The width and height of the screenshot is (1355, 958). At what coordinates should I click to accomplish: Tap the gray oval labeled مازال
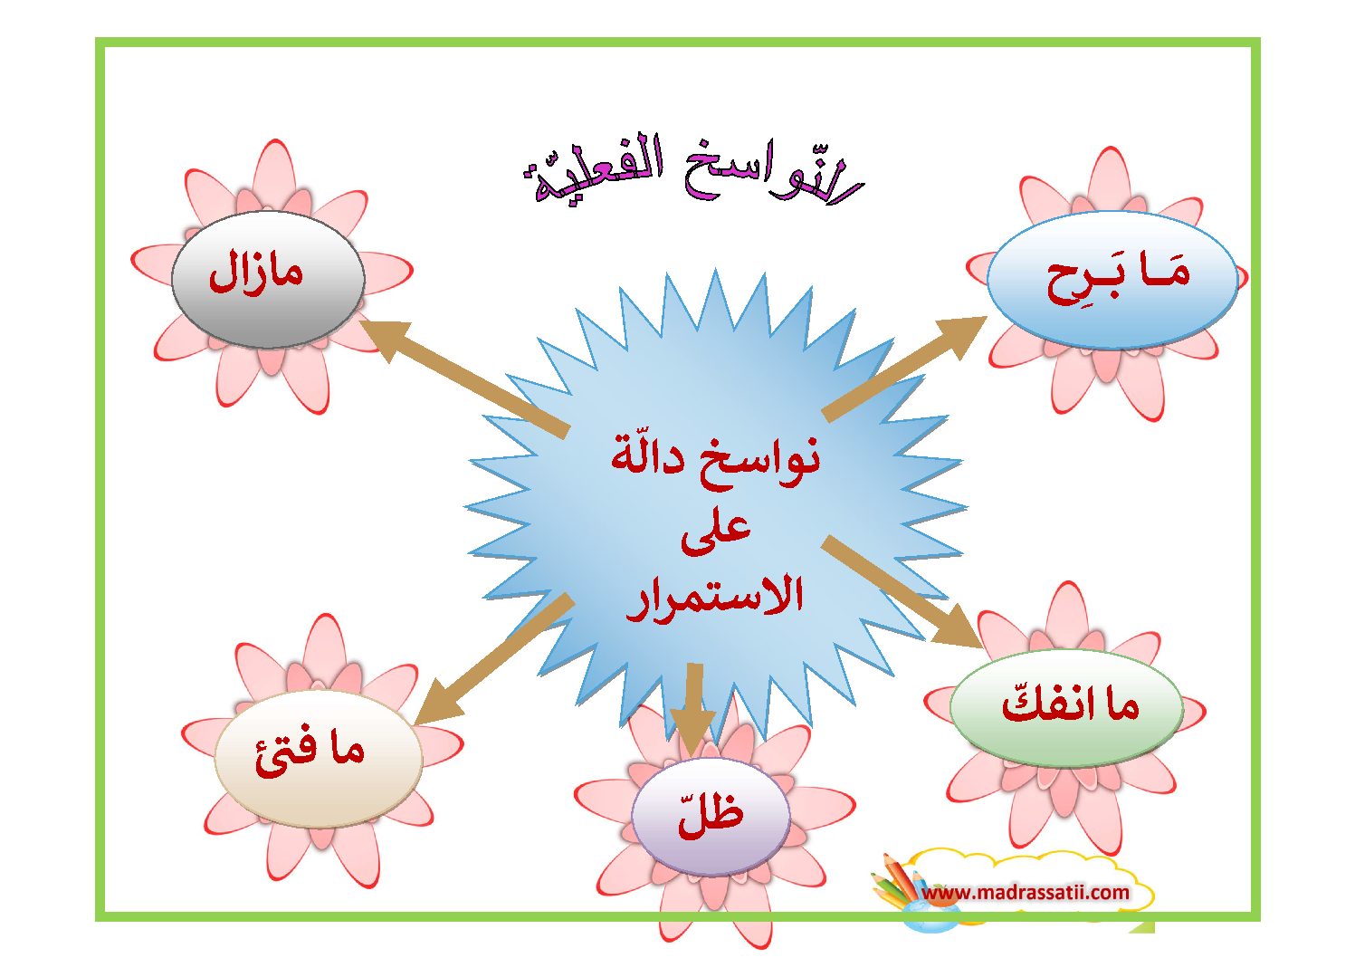click(x=268, y=280)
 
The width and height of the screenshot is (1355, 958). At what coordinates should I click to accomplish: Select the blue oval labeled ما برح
click(x=1112, y=280)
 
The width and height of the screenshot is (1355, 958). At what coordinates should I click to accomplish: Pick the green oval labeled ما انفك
click(x=1066, y=707)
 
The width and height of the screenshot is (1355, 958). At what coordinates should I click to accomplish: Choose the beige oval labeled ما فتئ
click(x=319, y=757)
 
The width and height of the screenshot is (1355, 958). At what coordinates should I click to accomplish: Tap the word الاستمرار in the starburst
click(x=714, y=599)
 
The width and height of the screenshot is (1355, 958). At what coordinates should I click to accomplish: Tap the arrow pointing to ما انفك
click(x=902, y=591)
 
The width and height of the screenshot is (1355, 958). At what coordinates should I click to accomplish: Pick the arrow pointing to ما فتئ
click(x=493, y=659)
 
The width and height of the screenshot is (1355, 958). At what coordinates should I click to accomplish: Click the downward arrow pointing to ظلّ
click(x=694, y=709)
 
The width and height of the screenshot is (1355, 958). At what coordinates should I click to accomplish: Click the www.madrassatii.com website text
click(x=1026, y=892)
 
